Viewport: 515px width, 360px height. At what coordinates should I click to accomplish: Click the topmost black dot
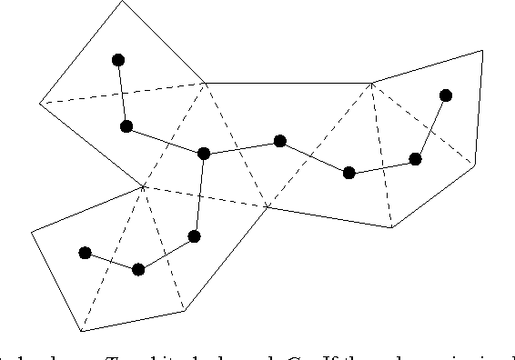tap(118, 60)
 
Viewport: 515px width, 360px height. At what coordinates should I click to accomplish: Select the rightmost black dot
tap(445, 95)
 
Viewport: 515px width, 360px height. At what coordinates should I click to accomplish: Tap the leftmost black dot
tap(86, 253)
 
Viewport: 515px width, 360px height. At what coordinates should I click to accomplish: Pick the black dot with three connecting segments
tap(204, 153)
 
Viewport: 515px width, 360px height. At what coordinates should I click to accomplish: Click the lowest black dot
tap(138, 269)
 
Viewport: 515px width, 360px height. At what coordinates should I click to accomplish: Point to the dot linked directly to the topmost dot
tap(126, 125)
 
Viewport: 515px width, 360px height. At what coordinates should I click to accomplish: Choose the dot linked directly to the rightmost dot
tap(416, 159)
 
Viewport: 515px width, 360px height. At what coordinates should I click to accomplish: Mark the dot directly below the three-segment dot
tap(194, 236)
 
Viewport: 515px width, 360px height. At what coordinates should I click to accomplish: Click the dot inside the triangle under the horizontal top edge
tap(280, 141)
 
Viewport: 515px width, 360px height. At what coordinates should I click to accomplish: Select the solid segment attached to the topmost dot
tap(122, 93)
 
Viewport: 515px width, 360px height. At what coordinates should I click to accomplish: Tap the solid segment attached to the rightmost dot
tap(430, 127)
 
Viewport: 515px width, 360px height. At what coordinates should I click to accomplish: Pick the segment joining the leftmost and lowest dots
tap(112, 261)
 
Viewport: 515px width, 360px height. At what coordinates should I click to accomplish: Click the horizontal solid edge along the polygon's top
tap(288, 83)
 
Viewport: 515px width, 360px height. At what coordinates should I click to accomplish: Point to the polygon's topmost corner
tap(123, 1)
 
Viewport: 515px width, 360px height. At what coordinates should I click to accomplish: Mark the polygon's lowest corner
tap(81, 332)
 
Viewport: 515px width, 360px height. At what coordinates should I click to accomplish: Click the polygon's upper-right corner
tap(482, 50)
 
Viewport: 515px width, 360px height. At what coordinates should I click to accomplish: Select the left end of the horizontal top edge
tap(206, 83)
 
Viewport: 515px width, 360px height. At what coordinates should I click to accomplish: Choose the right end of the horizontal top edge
tap(371, 83)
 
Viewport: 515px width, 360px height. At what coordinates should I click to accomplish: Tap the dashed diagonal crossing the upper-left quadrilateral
tap(123, 93)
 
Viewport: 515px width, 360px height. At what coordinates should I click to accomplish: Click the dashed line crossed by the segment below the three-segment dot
tap(198, 196)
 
